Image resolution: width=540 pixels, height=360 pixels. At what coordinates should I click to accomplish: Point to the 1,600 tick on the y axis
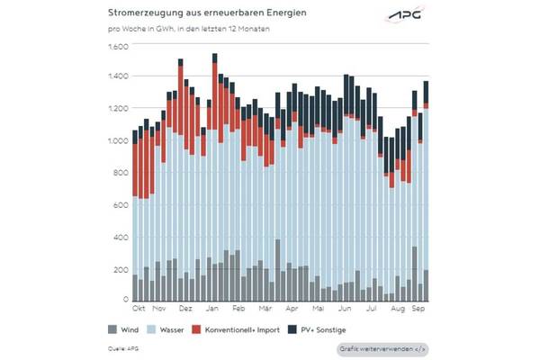(120, 47)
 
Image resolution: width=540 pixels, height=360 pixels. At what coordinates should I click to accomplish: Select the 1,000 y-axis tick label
(120, 141)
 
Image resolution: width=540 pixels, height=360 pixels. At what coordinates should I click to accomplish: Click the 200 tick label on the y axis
(122, 268)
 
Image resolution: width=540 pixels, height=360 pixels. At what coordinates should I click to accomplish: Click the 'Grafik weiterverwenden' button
(382, 347)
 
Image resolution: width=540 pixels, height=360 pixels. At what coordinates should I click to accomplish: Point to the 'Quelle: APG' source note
(122, 347)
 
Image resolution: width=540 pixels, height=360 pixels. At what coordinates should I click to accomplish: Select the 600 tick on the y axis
(122, 205)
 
